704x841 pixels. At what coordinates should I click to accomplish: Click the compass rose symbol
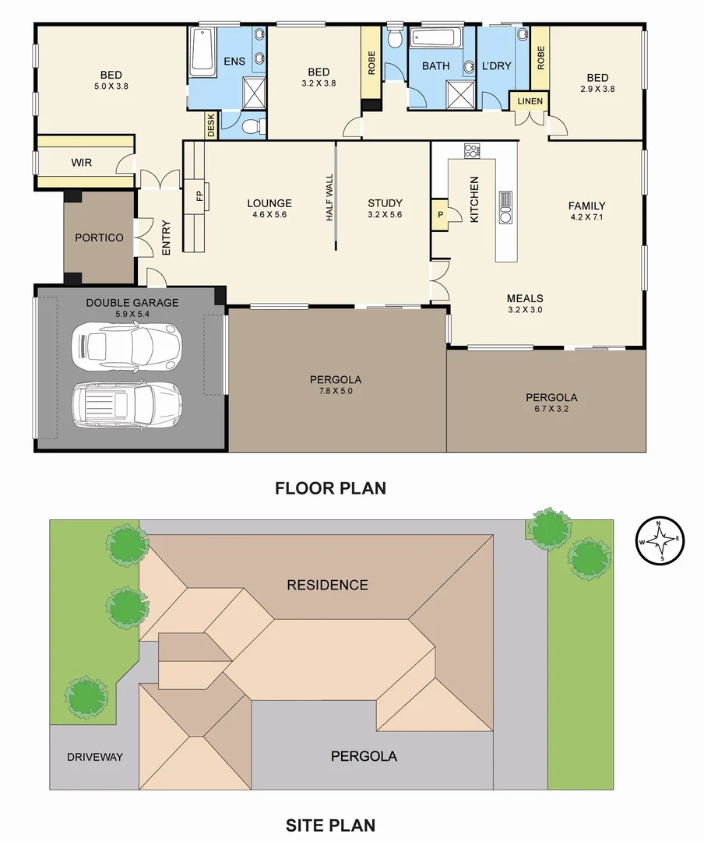[661, 540]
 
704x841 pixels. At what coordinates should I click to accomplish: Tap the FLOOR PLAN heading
[330, 489]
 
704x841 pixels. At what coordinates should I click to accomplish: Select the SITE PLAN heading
[330, 825]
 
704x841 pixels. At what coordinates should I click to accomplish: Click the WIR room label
[82, 163]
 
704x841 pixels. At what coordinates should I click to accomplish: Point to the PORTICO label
[99, 238]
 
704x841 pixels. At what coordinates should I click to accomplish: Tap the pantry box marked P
[440, 214]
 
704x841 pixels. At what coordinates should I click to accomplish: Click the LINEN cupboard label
[530, 102]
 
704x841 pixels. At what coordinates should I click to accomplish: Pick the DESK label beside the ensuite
[210, 126]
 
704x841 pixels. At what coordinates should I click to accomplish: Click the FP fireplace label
[199, 196]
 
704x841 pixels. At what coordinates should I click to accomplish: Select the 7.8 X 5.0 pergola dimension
[336, 392]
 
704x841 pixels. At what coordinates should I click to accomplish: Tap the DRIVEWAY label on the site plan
[95, 757]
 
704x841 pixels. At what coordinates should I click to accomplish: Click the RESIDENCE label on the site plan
[327, 585]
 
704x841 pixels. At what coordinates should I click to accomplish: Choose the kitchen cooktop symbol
[470, 150]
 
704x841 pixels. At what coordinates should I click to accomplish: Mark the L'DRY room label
[496, 65]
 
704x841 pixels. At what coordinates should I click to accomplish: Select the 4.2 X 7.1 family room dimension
[586, 217]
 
